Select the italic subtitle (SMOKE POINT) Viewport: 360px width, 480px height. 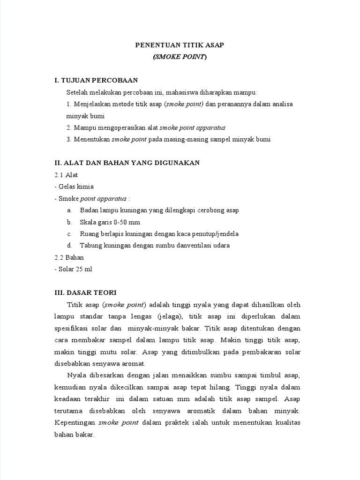click(x=180, y=57)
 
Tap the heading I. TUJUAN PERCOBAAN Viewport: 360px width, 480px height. click(x=96, y=81)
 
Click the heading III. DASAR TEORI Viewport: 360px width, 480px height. click(x=85, y=292)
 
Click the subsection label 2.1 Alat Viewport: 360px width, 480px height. click(x=66, y=175)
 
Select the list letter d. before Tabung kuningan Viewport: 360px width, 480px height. click(x=69, y=246)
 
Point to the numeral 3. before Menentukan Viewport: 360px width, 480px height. click(x=69, y=139)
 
